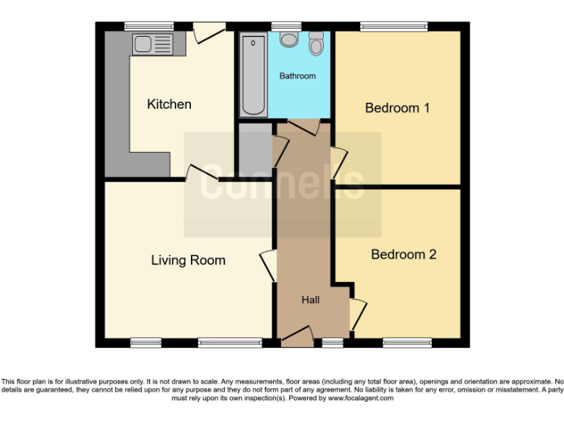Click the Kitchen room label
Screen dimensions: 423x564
tap(169, 104)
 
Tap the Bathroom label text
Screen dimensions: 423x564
tap(297, 76)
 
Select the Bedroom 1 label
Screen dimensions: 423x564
tap(397, 108)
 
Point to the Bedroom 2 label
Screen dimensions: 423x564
tap(403, 254)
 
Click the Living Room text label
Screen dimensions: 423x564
tap(188, 260)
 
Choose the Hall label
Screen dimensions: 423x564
tap(311, 300)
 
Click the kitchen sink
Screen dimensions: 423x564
tap(152, 43)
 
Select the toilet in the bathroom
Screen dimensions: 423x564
tap(317, 44)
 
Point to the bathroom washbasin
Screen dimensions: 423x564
tap(289, 40)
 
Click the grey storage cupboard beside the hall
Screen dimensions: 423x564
tap(255, 147)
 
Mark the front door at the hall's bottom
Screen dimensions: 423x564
tap(297, 338)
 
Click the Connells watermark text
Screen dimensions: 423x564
tap(283, 184)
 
